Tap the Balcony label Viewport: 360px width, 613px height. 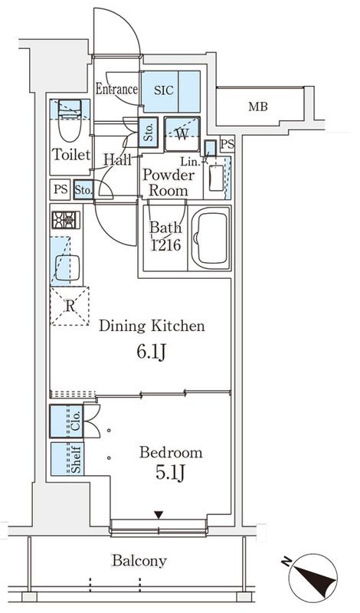click(x=139, y=561)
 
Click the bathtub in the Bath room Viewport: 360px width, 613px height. click(x=210, y=240)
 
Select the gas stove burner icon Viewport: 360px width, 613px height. click(x=65, y=220)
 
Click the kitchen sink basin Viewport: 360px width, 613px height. click(x=67, y=266)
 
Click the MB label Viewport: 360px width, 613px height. click(x=258, y=107)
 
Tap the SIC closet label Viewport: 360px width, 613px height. click(x=163, y=90)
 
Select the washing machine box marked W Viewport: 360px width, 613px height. click(x=182, y=133)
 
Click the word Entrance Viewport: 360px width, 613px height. click(x=116, y=89)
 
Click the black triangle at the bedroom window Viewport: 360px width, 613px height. click(x=159, y=514)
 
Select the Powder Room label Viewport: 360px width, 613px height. click(x=168, y=182)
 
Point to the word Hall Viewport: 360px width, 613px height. click(x=118, y=159)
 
